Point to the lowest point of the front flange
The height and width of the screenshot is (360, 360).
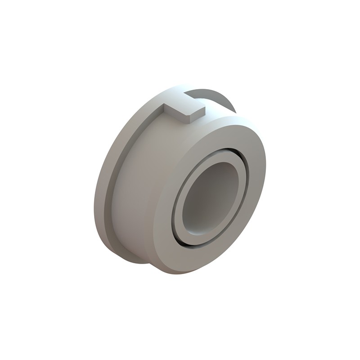[180, 273]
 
